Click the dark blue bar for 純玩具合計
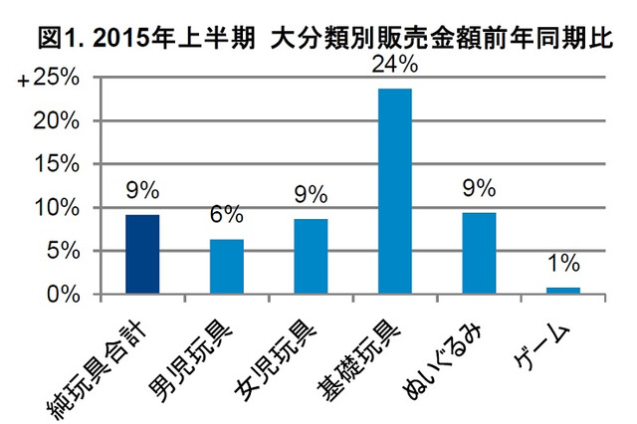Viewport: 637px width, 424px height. [x=142, y=255]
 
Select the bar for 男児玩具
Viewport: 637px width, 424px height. [x=226, y=267]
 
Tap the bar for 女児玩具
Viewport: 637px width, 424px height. [x=311, y=257]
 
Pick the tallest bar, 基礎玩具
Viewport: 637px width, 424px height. [x=395, y=191]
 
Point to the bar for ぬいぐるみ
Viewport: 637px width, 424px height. [x=479, y=254]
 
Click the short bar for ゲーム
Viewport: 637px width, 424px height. [x=563, y=291]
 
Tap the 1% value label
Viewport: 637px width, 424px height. [x=563, y=267]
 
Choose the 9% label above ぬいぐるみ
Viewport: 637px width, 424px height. [x=479, y=191]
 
